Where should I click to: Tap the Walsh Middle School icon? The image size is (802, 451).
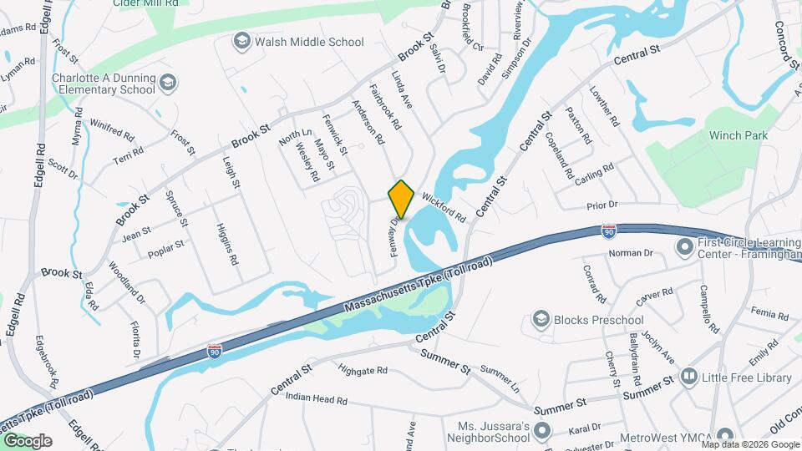[x=242, y=41]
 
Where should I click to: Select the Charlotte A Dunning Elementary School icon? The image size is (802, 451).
[x=168, y=82]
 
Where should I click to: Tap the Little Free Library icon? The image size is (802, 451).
[x=688, y=378]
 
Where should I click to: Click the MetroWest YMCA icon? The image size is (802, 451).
[x=724, y=434]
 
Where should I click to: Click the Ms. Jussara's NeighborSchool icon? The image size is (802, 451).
[x=541, y=431]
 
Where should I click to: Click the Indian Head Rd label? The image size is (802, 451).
[x=316, y=400]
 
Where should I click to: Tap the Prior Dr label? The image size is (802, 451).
[x=601, y=204]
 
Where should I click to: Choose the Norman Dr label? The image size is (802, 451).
[x=630, y=253]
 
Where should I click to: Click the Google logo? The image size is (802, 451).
[x=28, y=440]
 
